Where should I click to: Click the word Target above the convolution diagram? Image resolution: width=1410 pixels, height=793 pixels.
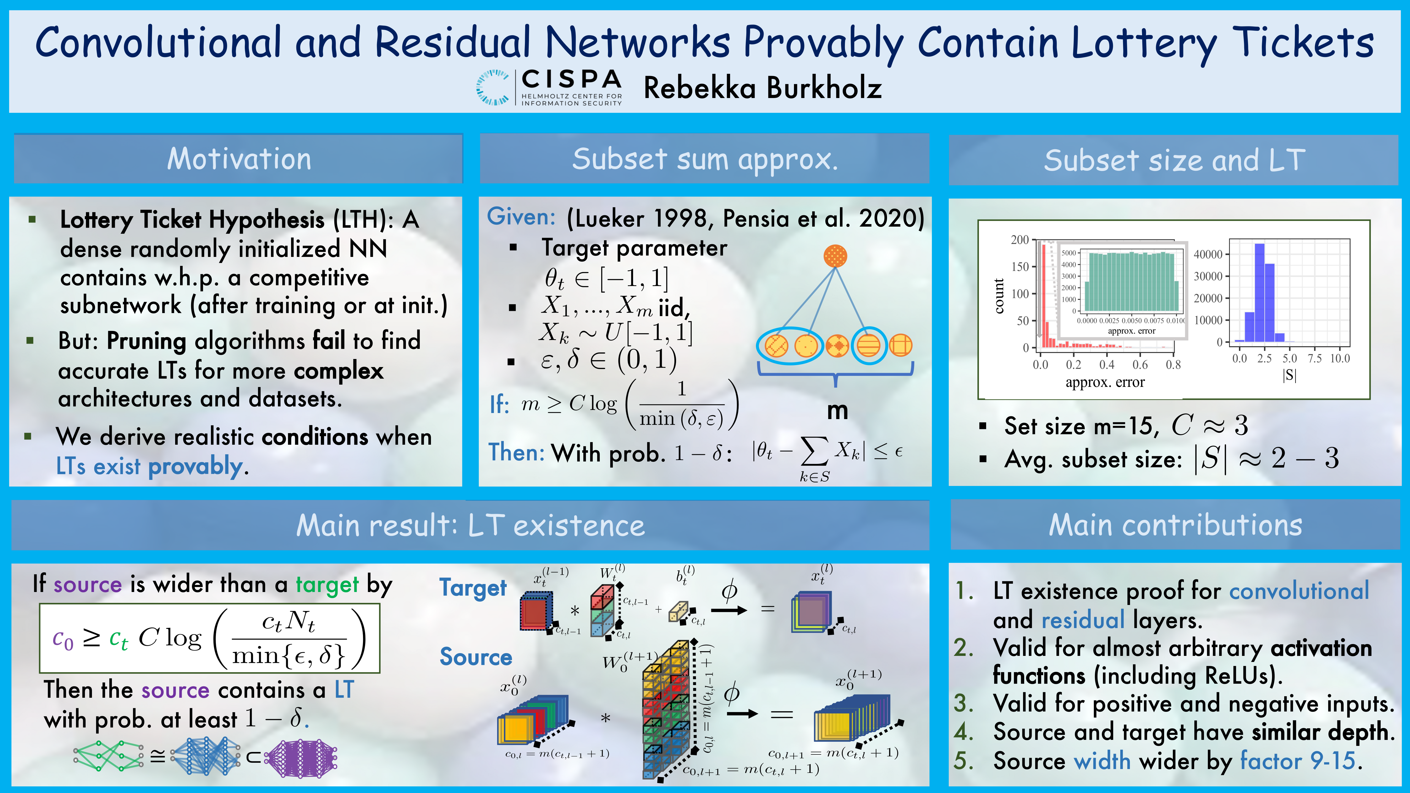[x=473, y=588]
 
